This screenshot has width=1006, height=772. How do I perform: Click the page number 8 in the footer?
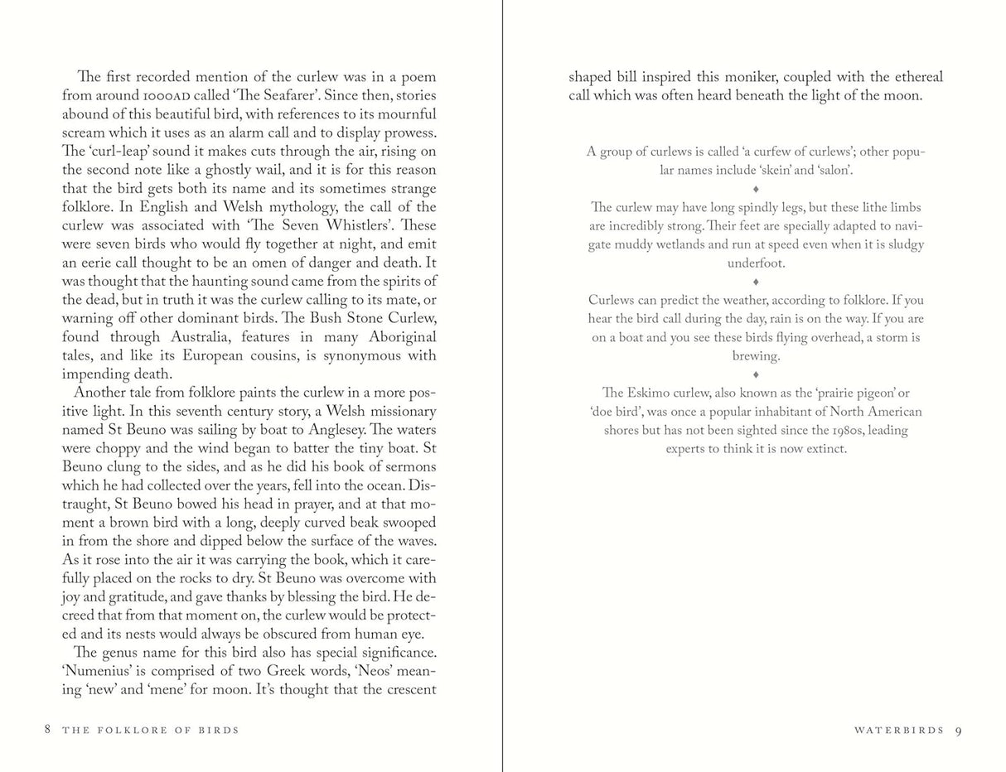(48, 730)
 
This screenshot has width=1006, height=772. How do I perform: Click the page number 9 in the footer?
(958, 731)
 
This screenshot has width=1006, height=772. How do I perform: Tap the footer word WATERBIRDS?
(899, 731)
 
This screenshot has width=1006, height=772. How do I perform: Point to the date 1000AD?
(167, 96)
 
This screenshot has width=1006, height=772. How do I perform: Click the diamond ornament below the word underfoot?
(756, 282)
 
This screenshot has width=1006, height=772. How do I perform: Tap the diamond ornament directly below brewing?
(756, 374)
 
